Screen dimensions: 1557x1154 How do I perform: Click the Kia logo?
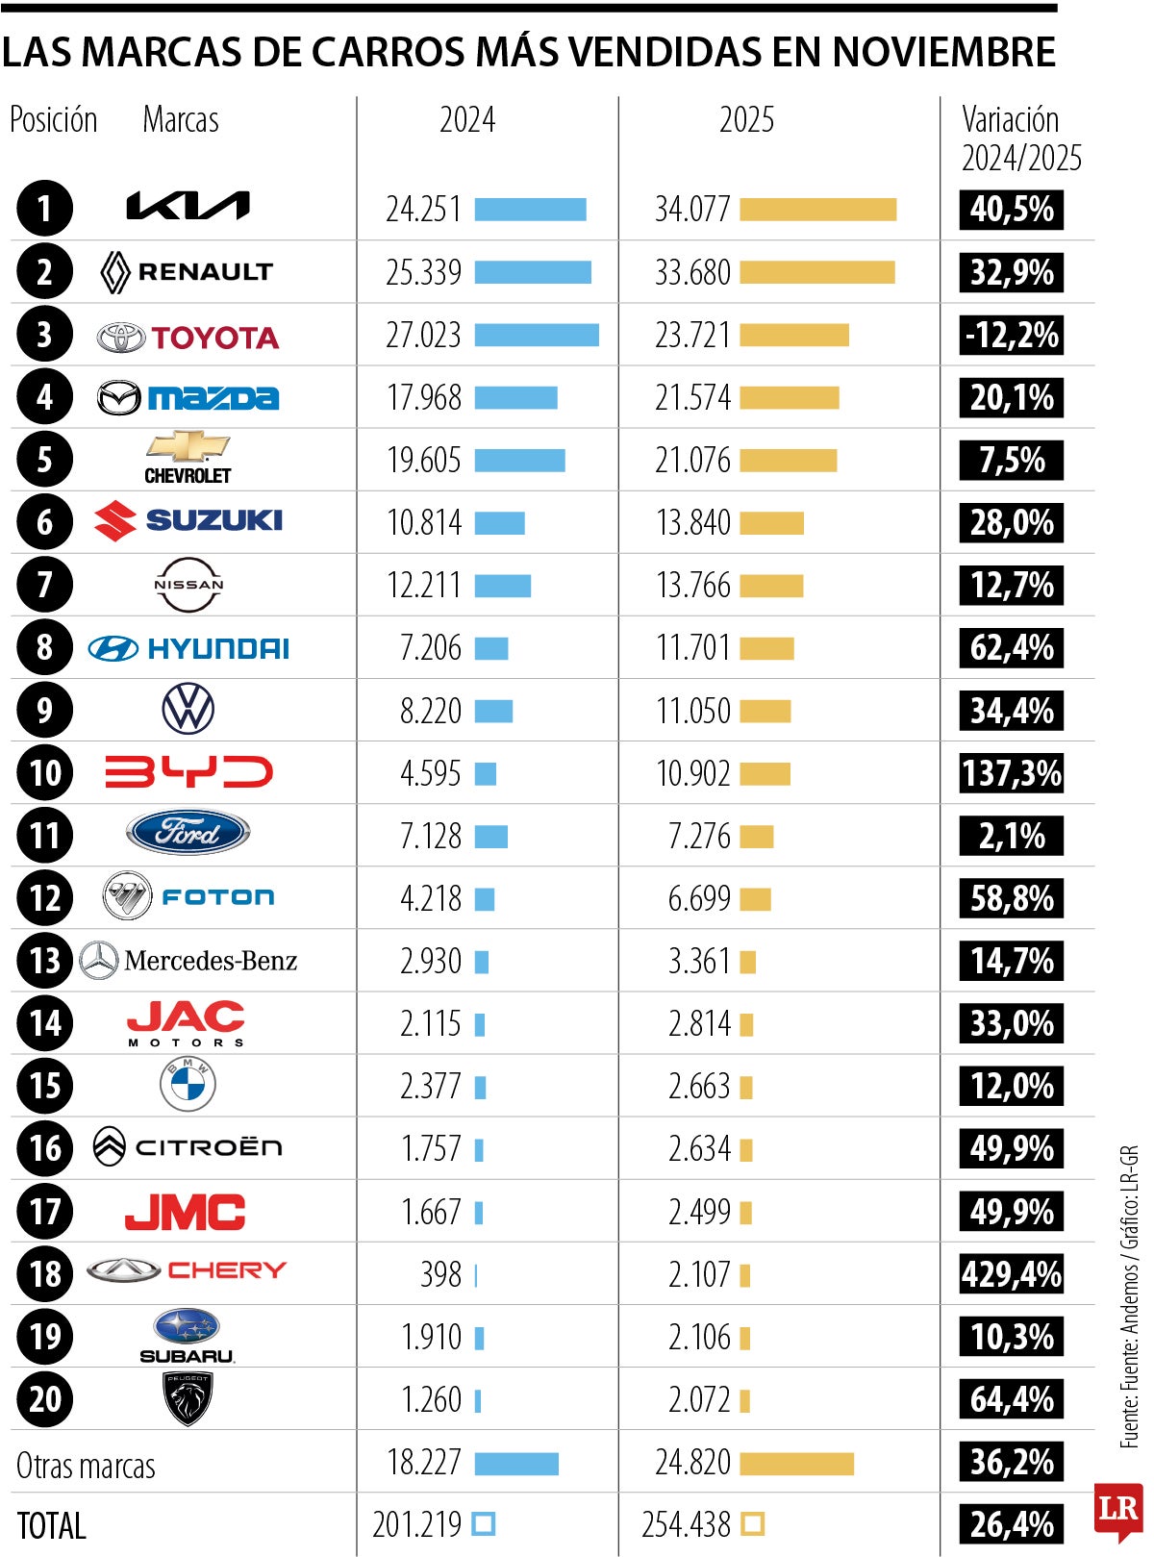(x=188, y=206)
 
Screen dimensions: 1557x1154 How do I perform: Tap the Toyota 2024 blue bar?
(x=537, y=335)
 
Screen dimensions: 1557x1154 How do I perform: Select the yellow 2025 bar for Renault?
(x=816, y=272)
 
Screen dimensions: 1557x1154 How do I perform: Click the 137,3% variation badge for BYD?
(x=1011, y=773)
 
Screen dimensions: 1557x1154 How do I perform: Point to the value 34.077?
(x=692, y=209)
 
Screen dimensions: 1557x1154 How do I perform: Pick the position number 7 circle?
(x=44, y=585)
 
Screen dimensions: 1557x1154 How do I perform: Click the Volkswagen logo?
(x=188, y=710)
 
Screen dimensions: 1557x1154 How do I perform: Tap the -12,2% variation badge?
(x=1011, y=335)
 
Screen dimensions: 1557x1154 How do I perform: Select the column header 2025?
(x=746, y=120)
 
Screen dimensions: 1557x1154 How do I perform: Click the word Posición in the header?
(x=53, y=120)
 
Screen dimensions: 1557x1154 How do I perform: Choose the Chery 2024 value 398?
(x=440, y=1274)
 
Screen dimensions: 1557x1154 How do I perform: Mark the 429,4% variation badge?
(x=1011, y=1274)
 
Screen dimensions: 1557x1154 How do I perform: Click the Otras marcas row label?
(x=86, y=1466)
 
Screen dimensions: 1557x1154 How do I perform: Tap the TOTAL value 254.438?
(x=686, y=1524)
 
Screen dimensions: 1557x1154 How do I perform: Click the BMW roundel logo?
(x=188, y=1085)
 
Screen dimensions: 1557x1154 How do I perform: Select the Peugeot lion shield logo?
(x=188, y=1398)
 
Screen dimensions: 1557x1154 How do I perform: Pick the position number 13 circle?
(x=44, y=961)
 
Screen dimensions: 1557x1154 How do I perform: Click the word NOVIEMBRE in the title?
(x=943, y=52)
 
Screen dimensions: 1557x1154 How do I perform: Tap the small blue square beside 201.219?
(x=484, y=1524)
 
